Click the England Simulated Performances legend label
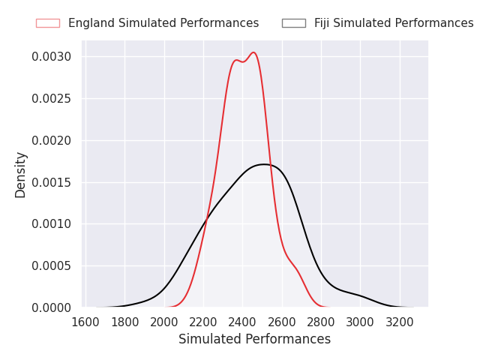(163, 23)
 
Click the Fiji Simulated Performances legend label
(393, 23)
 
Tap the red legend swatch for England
(47, 23)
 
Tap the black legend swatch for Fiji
(293, 23)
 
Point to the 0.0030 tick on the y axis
(51, 57)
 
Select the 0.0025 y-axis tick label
(51, 99)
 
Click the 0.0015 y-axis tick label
(51, 182)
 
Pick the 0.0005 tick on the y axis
(51, 266)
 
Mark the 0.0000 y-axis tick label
(51, 307)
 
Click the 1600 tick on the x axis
(86, 322)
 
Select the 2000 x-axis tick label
(164, 322)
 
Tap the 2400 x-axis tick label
(243, 322)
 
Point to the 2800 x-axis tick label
(321, 322)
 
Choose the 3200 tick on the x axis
(400, 322)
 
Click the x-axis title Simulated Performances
(254, 340)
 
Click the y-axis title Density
(21, 174)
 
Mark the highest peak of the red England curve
(253, 52)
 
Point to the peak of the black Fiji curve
(263, 164)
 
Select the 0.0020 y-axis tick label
(51, 140)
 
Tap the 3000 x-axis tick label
(360, 322)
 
